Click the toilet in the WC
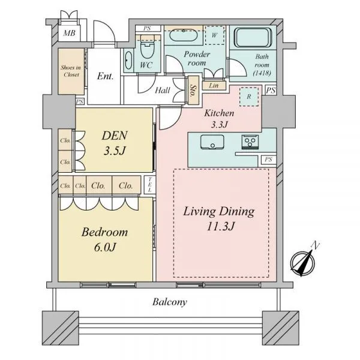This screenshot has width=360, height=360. (x=147, y=48)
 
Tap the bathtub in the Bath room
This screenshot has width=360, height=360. (x=253, y=37)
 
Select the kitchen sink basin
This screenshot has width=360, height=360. (x=212, y=142)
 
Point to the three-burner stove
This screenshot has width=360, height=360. (x=250, y=142)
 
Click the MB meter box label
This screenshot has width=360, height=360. (x=69, y=33)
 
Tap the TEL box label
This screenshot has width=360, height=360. (x=149, y=185)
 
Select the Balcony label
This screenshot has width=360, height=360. (x=170, y=302)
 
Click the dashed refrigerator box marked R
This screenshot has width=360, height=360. (x=249, y=97)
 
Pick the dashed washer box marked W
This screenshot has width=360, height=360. (x=214, y=35)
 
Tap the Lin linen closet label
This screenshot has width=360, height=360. (x=214, y=86)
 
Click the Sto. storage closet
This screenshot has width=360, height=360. (x=193, y=91)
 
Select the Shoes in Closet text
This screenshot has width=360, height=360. (x=71, y=71)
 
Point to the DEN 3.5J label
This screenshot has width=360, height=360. (x=115, y=143)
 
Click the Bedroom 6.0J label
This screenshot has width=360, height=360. (x=104, y=239)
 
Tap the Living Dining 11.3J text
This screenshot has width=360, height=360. (x=219, y=218)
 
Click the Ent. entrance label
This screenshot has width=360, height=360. (x=105, y=76)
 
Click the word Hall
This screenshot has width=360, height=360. (x=163, y=91)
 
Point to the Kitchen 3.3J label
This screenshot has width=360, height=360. (x=219, y=119)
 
